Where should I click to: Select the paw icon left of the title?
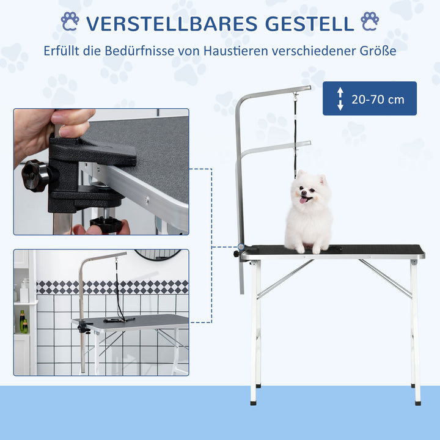pyautogui.click(x=70, y=22)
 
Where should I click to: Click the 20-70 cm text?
pyautogui.click(x=378, y=99)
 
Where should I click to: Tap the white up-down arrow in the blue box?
pyautogui.click(x=340, y=99)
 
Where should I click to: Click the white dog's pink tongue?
pyautogui.click(x=303, y=200)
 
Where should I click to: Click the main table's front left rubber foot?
pyautogui.click(x=253, y=402)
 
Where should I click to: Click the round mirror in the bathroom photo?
pyautogui.click(x=158, y=254)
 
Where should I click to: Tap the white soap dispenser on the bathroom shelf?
pyautogui.click(x=24, y=291)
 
